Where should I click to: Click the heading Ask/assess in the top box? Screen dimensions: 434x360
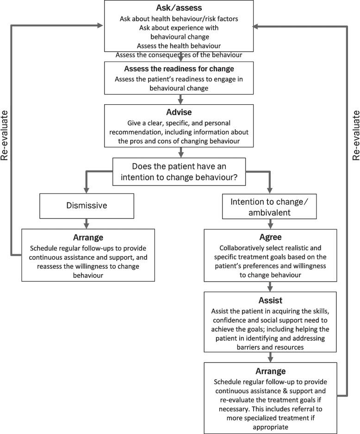[179, 8]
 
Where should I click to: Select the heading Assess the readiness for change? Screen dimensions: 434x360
[179, 69]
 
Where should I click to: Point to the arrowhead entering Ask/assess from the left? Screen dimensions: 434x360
[100, 26]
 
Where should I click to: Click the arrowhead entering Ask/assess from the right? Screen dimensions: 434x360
[258, 26]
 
